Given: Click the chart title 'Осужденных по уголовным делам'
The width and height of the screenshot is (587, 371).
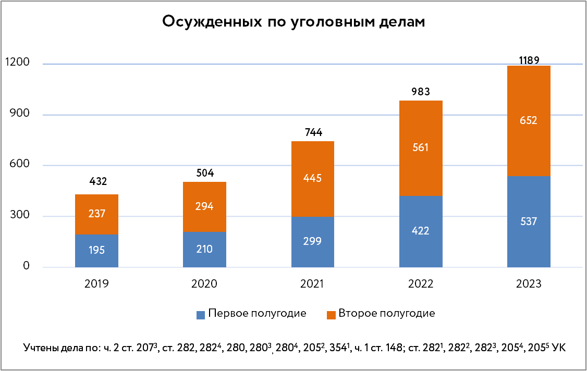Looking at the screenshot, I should [293, 21].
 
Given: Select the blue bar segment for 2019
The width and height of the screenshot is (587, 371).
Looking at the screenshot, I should [96, 251].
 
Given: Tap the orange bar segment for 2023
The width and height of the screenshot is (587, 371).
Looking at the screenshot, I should [529, 120].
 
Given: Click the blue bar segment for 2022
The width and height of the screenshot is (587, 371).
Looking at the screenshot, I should [421, 231].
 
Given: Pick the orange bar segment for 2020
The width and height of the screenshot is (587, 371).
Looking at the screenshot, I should [204, 207].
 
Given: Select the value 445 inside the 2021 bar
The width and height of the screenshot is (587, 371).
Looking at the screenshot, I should [312, 178].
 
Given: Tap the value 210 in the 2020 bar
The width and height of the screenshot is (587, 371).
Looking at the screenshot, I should [204, 249].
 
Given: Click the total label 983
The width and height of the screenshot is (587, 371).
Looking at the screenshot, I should [421, 92].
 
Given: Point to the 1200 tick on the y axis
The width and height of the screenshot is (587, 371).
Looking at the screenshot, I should [17, 63].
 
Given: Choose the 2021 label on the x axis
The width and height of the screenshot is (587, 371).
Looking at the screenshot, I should [312, 285].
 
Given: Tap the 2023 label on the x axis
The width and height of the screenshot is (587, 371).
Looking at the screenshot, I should [529, 285].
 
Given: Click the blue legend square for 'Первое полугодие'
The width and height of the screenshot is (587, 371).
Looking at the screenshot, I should [200, 315].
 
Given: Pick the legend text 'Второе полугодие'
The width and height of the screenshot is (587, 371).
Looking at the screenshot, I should [386, 314].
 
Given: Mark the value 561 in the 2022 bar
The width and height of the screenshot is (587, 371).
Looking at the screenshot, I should [421, 147].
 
